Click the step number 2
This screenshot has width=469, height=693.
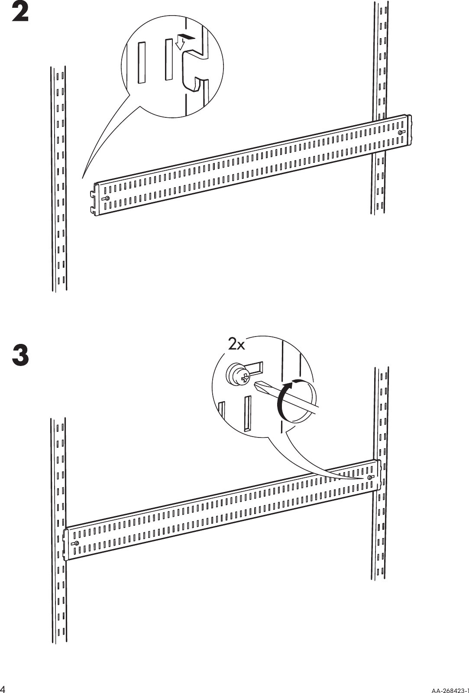click(x=20, y=13)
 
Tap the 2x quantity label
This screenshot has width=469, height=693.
click(x=237, y=344)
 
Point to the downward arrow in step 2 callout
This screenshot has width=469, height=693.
click(x=181, y=42)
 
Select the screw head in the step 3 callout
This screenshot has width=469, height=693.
click(x=237, y=375)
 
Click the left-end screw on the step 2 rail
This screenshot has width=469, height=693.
click(x=107, y=198)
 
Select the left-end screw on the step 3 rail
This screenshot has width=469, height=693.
click(x=76, y=543)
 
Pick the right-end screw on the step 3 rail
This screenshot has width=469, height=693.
click(x=370, y=477)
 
